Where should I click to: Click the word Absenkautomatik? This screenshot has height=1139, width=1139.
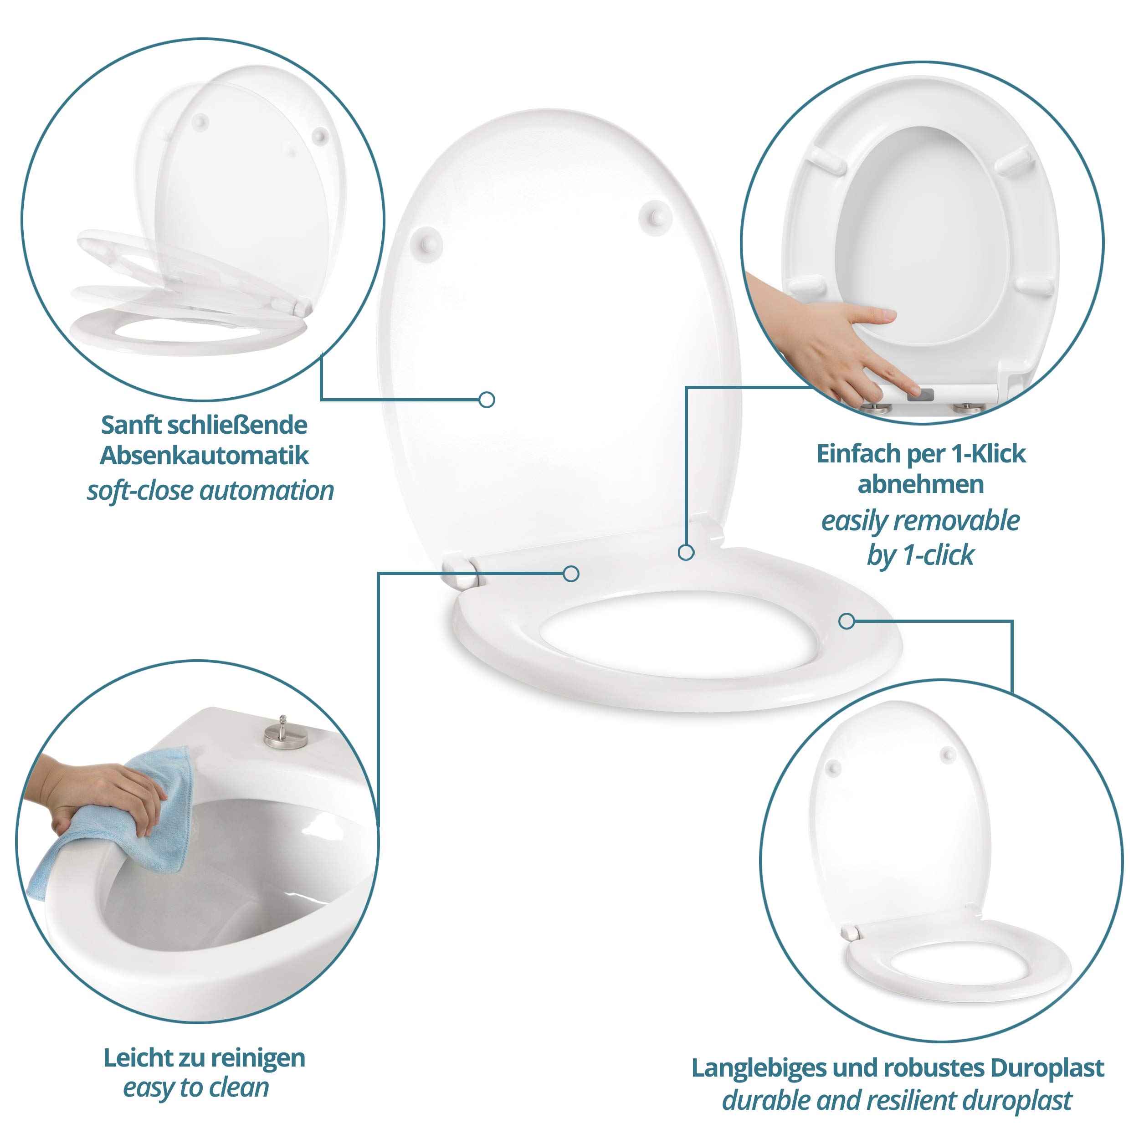click(204, 456)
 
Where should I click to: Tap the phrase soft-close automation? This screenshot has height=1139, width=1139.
click(210, 491)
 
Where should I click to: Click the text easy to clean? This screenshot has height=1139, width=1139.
click(196, 1088)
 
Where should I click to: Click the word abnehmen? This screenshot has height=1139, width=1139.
click(920, 485)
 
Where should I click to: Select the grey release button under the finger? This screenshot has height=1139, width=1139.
click(920, 394)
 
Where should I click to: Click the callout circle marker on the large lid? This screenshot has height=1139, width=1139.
click(487, 400)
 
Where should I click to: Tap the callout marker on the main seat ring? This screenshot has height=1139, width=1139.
click(847, 621)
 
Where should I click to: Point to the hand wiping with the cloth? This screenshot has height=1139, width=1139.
click(106, 796)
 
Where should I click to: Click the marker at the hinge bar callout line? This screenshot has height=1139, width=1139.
click(571, 574)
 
